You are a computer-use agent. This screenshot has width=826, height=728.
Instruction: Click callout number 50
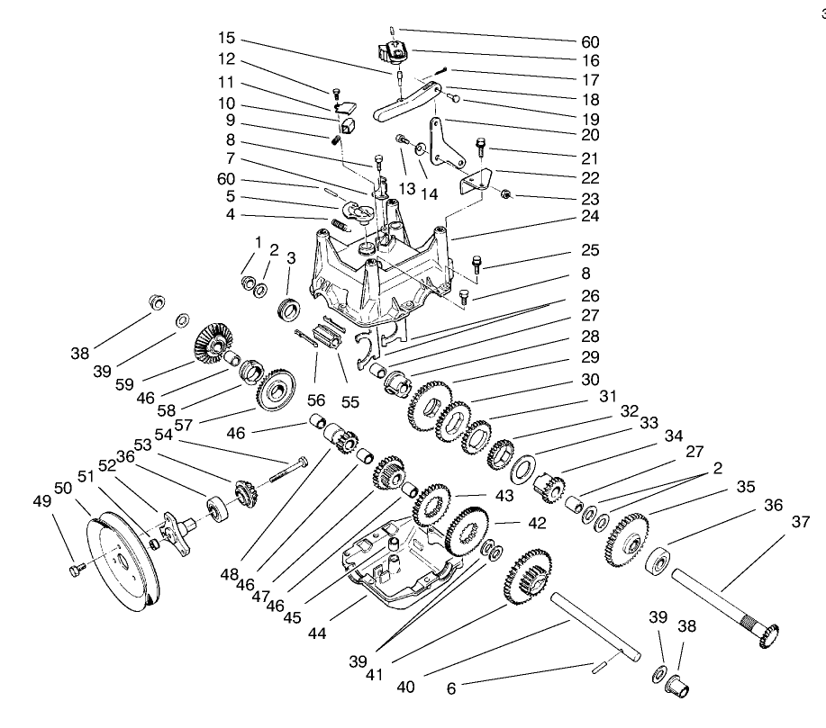point(62,488)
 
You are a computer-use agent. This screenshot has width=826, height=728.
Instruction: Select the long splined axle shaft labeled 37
point(721,603)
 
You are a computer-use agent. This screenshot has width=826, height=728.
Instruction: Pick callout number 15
point(226,40)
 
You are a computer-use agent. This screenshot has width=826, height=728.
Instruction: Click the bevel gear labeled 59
point(213,343)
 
